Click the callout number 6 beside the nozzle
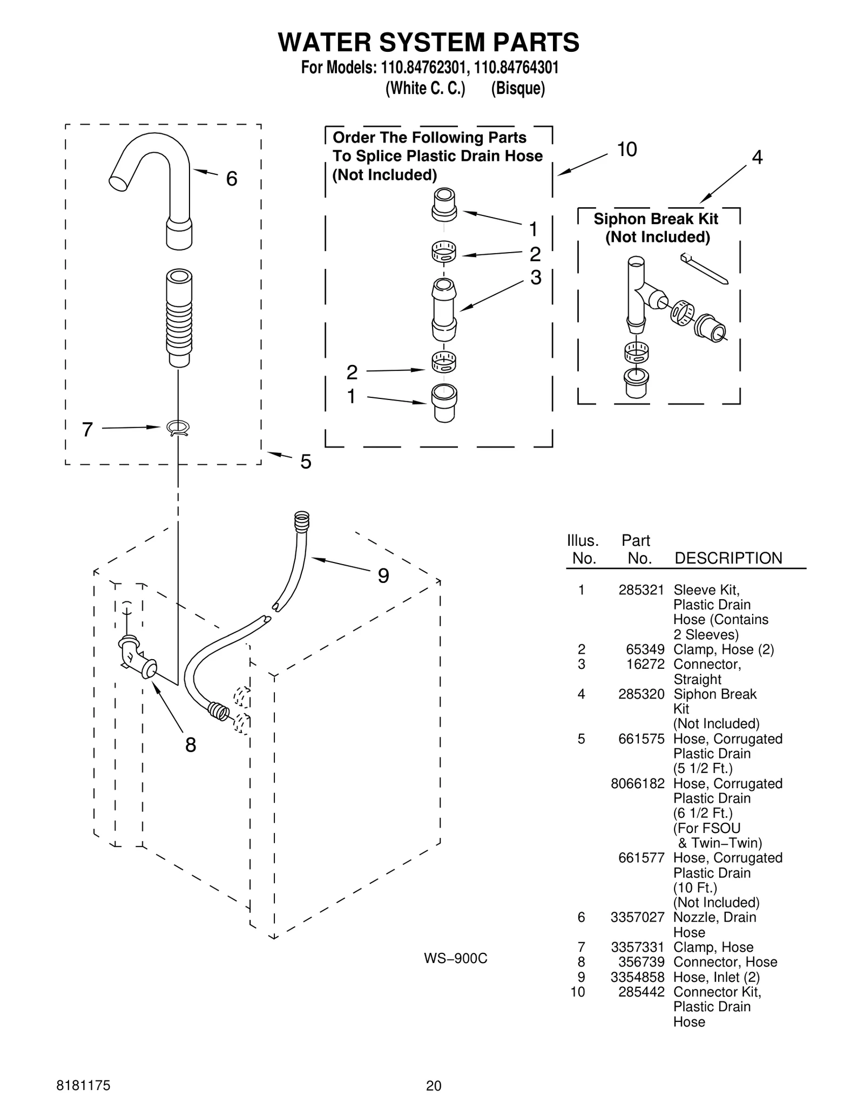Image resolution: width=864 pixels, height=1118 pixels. [231, 179]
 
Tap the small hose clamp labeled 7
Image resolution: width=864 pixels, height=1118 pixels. [178, 428]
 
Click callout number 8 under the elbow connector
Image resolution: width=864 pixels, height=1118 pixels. [190, 745]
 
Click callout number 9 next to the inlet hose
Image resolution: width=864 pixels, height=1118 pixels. [383, 576]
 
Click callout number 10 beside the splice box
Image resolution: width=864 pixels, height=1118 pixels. [626, 150]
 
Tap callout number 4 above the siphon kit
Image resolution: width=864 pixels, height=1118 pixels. [757, 158]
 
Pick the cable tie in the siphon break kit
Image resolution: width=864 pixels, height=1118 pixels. [705, 268]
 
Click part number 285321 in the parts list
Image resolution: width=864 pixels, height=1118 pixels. [641, 590]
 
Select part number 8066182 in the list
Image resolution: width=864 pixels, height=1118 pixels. [637, 783]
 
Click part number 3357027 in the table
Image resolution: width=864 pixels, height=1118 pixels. [637, 917]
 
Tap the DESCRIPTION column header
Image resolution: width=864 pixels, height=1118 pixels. [728, 558]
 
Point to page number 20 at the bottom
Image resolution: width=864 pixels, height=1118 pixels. [433, 1086]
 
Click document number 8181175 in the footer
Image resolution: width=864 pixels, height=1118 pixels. [83, 1086]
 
